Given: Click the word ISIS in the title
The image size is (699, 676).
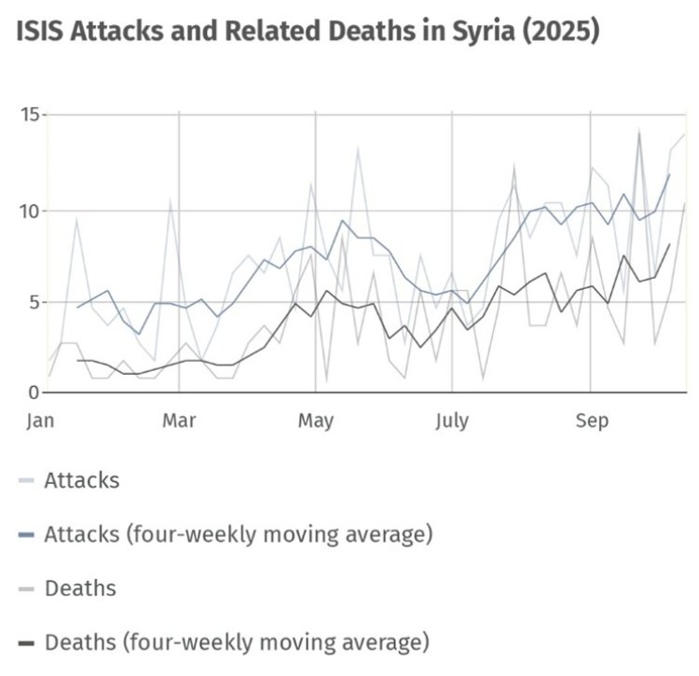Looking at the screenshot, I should coord(43,32).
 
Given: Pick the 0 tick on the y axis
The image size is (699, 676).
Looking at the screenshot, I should coord(34,393).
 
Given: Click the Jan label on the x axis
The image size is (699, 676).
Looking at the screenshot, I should coord(40,421).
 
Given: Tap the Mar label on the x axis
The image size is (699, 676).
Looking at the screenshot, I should coord(178,421).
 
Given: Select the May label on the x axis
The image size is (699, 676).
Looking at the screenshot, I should coord(315,421).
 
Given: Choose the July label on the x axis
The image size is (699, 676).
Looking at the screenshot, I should coord(452,421).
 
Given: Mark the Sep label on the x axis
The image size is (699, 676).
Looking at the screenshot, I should coord(591,421).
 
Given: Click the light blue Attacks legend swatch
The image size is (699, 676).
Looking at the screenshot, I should coord(26,481).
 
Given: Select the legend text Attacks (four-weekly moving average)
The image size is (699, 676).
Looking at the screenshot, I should coord(238,534).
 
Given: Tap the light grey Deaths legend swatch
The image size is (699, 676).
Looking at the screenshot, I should coord(26,588).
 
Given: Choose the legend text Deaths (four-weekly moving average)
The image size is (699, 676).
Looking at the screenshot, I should coord(238,642).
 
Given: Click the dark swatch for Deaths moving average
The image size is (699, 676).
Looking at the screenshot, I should coord(26,642).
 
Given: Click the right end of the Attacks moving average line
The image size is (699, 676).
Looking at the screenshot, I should coord(669,174).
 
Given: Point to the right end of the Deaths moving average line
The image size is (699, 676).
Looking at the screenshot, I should coord(669,244).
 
